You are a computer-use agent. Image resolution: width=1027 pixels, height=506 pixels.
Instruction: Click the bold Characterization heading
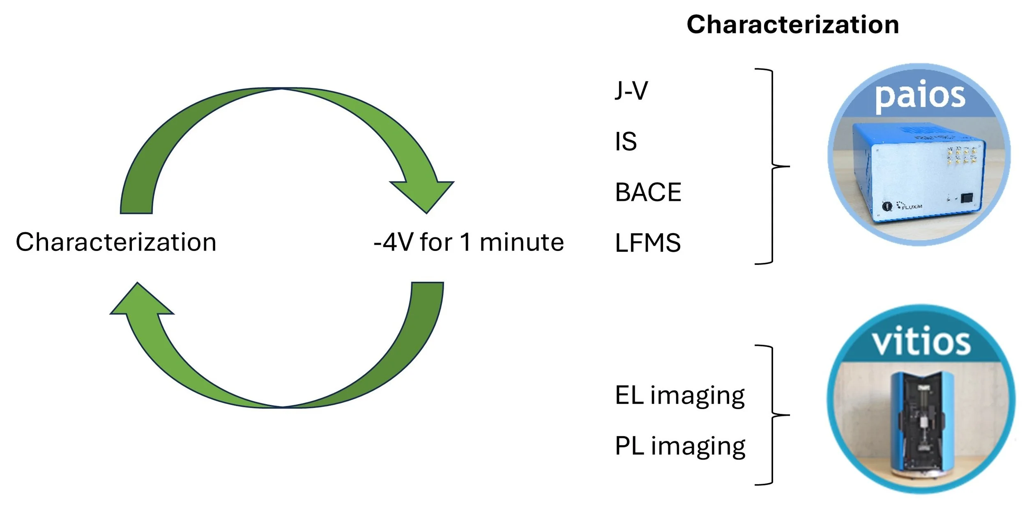[x=792, y=25]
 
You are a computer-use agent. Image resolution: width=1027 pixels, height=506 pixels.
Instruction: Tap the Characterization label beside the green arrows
[x=116, y=242]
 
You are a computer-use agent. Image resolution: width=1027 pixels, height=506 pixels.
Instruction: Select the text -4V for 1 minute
[x=468, y=242]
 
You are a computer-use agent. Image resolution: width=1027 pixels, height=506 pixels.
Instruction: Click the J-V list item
[x=631, y=90]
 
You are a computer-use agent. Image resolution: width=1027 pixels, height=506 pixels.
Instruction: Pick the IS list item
[x=626, y=142]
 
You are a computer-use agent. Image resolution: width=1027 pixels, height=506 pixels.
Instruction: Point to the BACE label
[x=648, y=192]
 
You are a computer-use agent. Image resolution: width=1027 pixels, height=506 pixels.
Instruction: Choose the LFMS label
[x=647, y=243]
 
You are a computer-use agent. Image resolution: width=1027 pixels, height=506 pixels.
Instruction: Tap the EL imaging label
[x=680, y=396]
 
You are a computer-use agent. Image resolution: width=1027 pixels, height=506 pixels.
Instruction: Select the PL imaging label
[x=680, y=446]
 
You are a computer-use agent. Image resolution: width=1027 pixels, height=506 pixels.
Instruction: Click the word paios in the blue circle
[x=920, y=97]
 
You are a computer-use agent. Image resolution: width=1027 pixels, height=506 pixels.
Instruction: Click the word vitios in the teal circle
[x=921, y=342]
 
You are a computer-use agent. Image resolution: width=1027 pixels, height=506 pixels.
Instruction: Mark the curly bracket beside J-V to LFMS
[x=772, y=166]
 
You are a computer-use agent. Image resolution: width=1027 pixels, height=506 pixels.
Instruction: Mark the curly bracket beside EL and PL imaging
[x=772, y=415]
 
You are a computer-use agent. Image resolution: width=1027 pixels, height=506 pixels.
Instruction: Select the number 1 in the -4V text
[x=465, y=242]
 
